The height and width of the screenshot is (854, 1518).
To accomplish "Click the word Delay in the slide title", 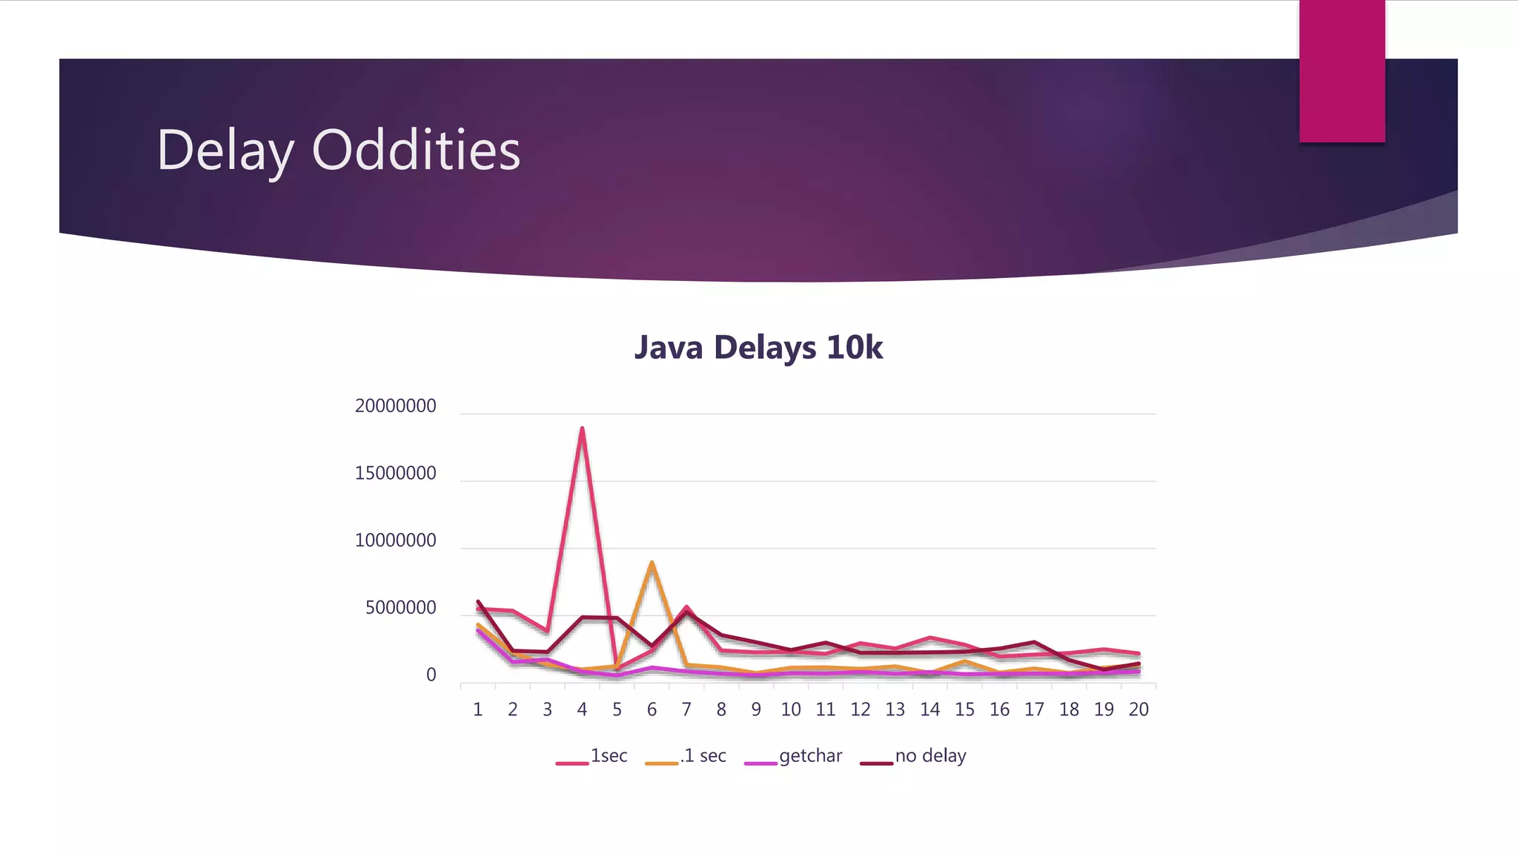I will pos(225,151).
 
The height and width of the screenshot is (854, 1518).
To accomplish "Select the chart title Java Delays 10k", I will pos(758,348).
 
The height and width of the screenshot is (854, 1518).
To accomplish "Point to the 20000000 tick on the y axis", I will pos(395,406).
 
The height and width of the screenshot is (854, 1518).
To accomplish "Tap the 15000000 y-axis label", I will pos(395,474).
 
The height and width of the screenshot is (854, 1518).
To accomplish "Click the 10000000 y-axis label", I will pos(395,540).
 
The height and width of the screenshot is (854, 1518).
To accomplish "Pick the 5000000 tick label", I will pos(400,608).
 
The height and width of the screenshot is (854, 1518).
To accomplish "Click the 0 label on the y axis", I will pos(431,675).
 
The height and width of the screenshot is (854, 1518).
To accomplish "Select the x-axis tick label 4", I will pos(582,710).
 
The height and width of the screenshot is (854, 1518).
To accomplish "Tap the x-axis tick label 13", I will pos(895,710).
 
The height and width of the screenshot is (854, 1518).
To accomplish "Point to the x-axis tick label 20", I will pos(1138,710).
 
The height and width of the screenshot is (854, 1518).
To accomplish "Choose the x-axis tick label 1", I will pos(477,710).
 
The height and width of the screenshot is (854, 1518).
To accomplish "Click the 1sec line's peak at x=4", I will pos(583,428).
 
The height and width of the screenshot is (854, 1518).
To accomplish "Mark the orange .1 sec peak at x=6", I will pos(652,563).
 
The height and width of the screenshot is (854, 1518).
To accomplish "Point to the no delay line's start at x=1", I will pos(478,601).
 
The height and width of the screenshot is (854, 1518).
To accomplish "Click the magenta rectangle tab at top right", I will pos(1342,70).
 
